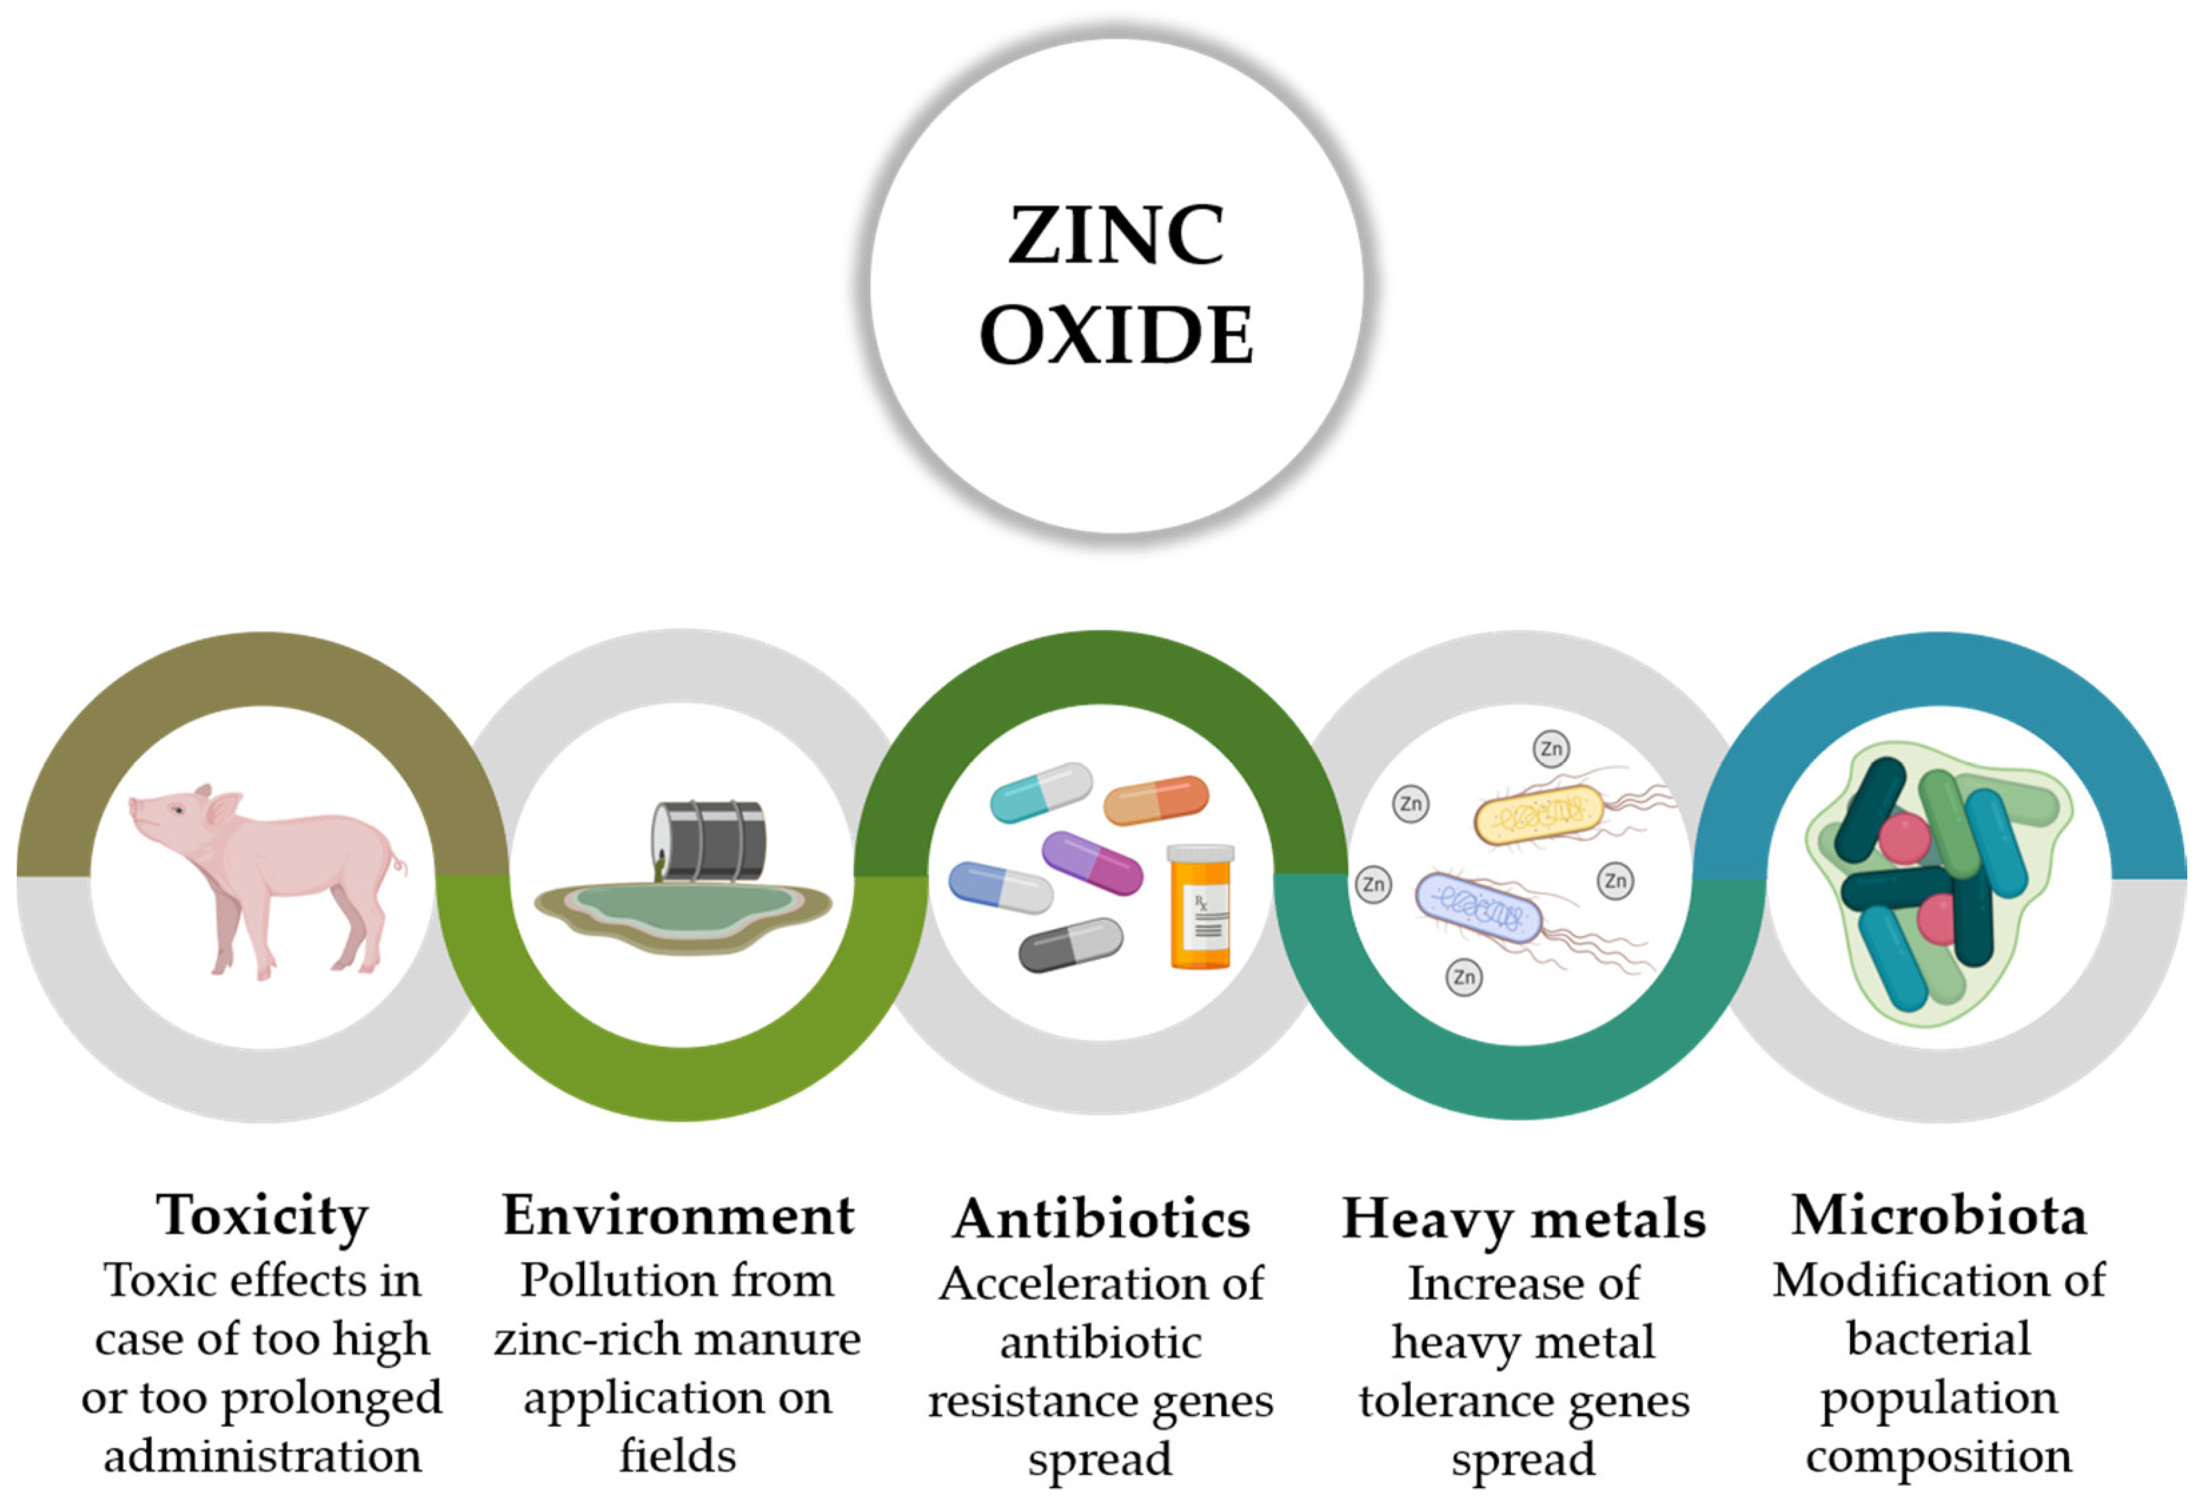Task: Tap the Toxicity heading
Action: (x=262, y=1215)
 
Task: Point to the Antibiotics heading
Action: (x=1101, y=1218)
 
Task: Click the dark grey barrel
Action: (x=710, y=840)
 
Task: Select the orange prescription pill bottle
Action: (x=1200, y=906)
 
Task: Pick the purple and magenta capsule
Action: (x=1092, y=862)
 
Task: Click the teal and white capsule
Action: (x=1040, y=792)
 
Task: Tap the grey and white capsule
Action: (x=1070, y=944)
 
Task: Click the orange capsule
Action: (x=1155, y=800)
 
